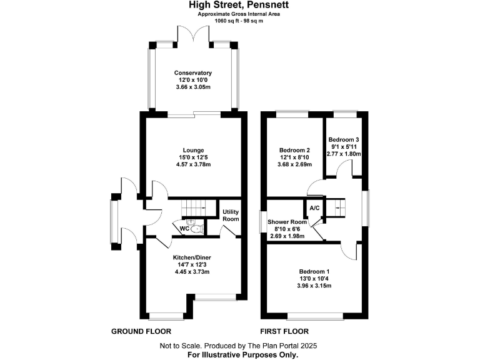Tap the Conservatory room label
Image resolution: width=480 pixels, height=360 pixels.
coord(192,73)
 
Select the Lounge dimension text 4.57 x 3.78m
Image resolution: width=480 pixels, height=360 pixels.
coord(193,166)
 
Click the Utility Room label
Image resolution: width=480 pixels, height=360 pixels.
coord(231,216)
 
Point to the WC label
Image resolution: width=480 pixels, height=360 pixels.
coord(184,229)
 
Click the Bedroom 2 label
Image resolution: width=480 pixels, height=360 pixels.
coord(294,150)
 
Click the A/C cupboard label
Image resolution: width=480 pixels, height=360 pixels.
coord(314,208)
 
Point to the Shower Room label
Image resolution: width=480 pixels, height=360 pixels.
coord(287,222)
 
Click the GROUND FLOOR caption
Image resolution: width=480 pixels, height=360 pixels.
coord(141,331)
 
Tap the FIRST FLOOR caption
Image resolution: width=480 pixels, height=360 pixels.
coord(284,331)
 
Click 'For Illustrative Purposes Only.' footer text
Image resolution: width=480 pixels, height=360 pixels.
coord(243,354)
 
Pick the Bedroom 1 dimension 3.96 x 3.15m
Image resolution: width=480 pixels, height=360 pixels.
coord(314,286)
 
